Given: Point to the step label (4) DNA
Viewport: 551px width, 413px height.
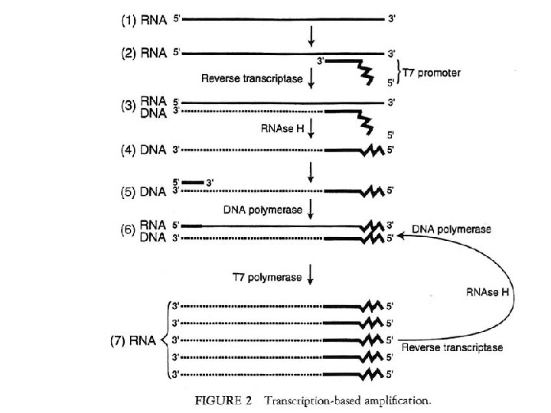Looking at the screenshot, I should [x=145, y=151].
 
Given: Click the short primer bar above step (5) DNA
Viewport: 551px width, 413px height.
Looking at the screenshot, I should [x=193, y=183].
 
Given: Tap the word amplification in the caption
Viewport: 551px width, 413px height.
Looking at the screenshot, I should [x=409, y=398].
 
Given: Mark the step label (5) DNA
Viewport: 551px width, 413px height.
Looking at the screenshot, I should [x=145, y=190].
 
